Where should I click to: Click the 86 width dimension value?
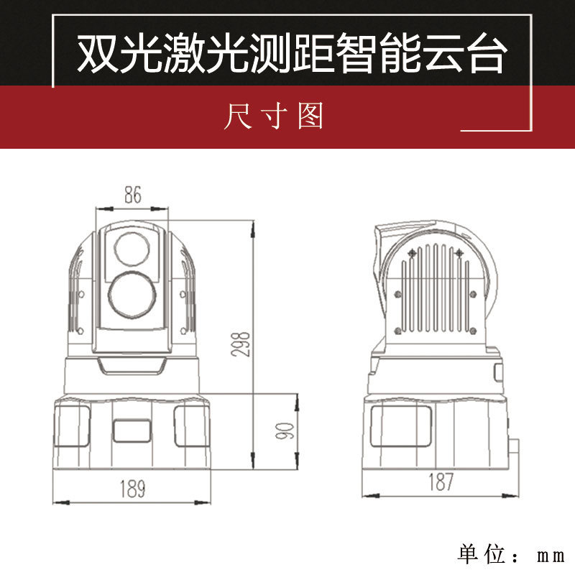133,195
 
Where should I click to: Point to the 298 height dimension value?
241,344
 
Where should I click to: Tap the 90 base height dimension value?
285,431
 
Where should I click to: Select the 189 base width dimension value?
133,489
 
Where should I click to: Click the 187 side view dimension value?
441,482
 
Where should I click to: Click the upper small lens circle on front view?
132,249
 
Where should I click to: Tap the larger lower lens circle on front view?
132,295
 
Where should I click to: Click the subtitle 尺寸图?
274,116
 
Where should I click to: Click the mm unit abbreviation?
551,556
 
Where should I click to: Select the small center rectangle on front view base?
132,431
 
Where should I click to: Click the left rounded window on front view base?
72,426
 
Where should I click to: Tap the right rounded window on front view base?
192,426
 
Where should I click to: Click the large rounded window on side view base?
401,426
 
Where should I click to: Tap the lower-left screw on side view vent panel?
397,331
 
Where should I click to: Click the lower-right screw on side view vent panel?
473,331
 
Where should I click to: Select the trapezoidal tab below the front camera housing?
132,366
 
